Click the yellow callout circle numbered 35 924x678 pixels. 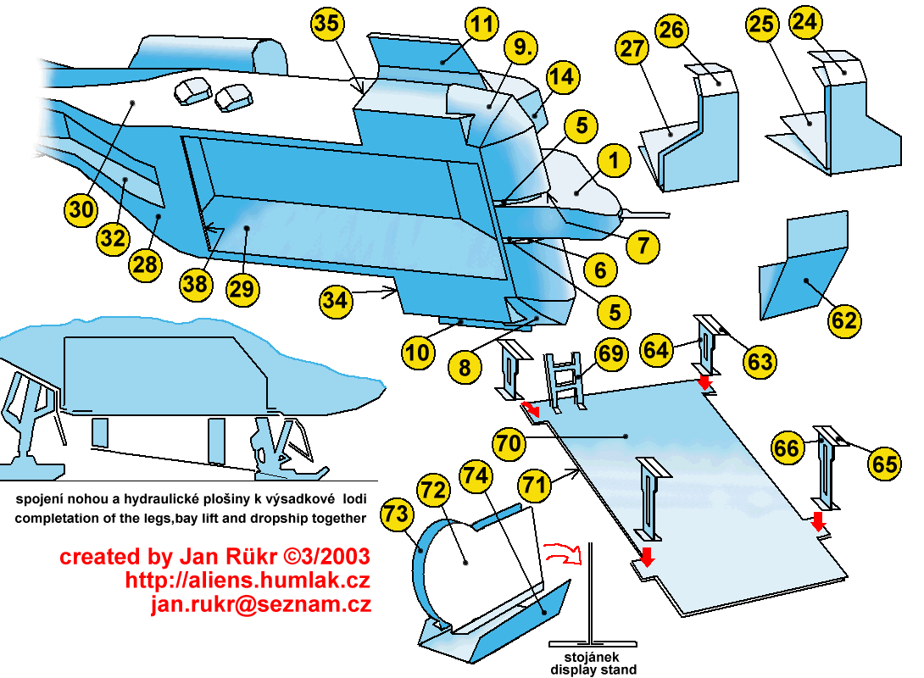(x=328, y=24)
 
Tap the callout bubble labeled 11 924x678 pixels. (x=481, y=25)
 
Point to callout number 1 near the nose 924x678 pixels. (x=613, y=159)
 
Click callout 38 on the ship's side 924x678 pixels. (x=194, y=284)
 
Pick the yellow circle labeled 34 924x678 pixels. (x=337, y=300)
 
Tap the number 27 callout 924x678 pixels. (x=632, y=48)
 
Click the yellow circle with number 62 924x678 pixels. (x=844, y=320)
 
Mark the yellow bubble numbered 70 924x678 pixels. (x=509, y=443)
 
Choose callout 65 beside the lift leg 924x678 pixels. (x=884, y=464)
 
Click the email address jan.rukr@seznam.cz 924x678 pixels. (x=260, y=604)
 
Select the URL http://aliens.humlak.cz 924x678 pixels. (x=248, y=581)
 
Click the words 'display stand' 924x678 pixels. (x=593, y=670)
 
